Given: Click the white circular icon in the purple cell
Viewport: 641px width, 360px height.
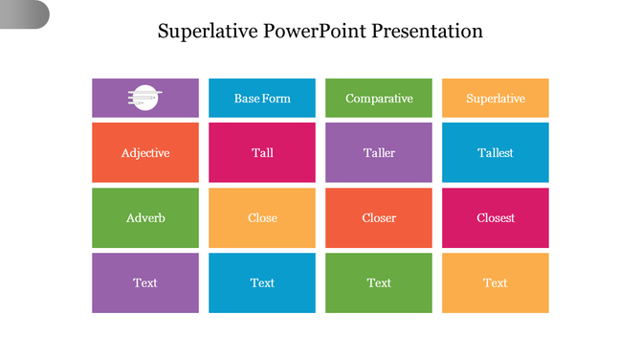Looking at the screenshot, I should (x=144, y=98).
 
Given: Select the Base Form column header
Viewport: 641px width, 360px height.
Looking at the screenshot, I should (x=262, y=99).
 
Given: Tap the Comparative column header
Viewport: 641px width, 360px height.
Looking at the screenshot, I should (x=379, y=99).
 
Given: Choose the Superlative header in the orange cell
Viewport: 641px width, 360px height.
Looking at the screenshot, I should (x=496, y=99).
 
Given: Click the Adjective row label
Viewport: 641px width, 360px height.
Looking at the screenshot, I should (x=145, y=152).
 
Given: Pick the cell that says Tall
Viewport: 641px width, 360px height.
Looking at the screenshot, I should (x=262, y=152).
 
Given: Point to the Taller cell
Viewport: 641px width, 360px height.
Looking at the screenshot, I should (x=379, y=152).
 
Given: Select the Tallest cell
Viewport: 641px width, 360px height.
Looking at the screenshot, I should (x=496, y=152).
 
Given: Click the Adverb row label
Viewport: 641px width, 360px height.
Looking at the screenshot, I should (x=145, y=217).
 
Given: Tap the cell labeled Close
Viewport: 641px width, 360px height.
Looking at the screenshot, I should (x=262, y=217).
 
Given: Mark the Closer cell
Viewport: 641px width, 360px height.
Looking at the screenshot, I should (x=379, y=217).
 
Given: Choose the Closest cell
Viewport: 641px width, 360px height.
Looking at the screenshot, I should (x=496, y=217).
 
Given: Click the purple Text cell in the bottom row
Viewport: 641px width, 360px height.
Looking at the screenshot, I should (x=145, y=282).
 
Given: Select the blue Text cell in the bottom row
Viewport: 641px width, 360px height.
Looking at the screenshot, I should (x=262, y=282).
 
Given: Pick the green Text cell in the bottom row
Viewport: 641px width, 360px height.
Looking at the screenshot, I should (x=379, y=282).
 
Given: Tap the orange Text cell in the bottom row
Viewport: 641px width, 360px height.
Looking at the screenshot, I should (x=496, y=282).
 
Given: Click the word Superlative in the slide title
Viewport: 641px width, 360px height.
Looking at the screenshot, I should (x=203, y=31).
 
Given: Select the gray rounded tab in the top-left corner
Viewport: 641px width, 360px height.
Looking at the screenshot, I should (x=24, y=14).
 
